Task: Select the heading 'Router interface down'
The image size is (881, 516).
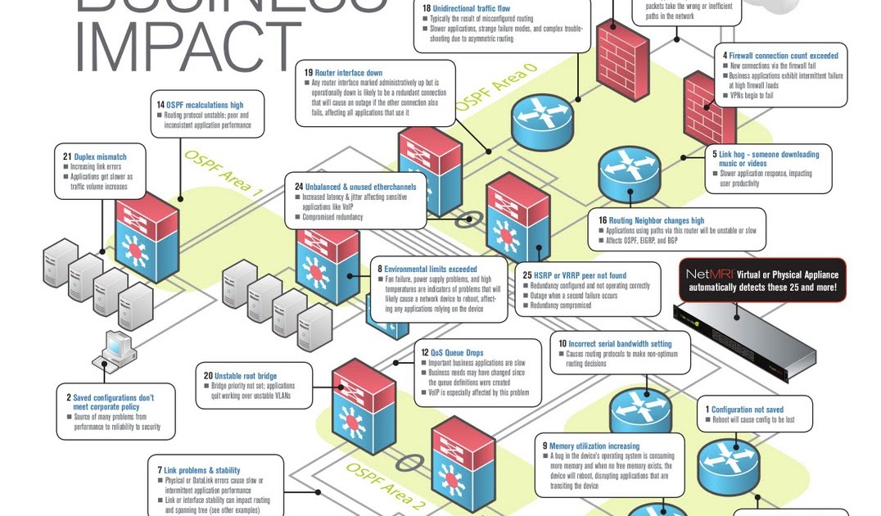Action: (349, 72)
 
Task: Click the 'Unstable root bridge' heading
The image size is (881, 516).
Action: (246, 376)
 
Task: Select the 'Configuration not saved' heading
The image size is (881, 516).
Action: (747, 410)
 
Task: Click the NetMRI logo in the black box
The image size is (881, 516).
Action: (705, 274)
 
